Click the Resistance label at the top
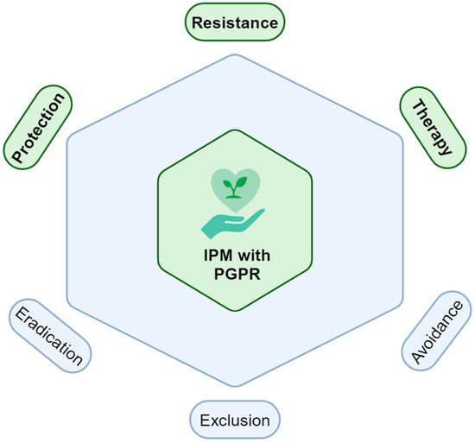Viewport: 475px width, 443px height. click(236, 22)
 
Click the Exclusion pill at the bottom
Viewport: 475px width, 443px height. click(234, 421)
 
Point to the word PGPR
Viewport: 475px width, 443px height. click(235, 276)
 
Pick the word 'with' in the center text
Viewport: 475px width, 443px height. click(250, 257)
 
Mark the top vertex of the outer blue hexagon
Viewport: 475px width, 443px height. click(236, 54)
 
